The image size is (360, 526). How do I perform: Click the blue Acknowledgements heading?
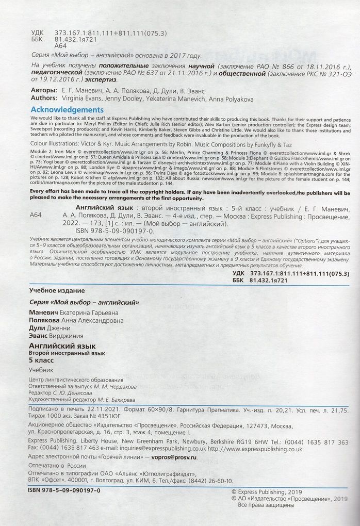(67, 110)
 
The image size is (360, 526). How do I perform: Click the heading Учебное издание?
(56, 291)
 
